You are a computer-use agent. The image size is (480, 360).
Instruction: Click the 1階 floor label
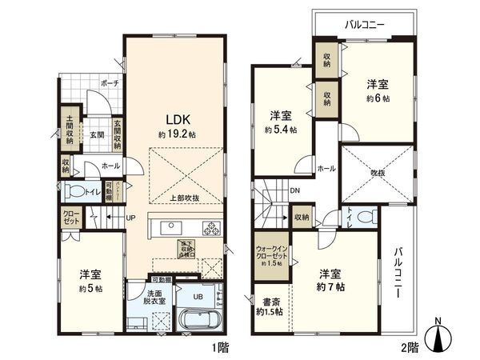(x=222, y=347)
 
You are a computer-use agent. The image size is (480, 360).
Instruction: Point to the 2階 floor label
(x=408, y=347)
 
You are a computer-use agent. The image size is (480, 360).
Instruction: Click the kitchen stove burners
(x=213, y=229)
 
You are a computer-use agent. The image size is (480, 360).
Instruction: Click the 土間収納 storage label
(x=70, y=129)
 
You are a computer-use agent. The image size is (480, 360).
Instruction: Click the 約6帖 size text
(x=378, y=97)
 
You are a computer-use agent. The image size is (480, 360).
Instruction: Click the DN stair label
(x=294, y=191)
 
